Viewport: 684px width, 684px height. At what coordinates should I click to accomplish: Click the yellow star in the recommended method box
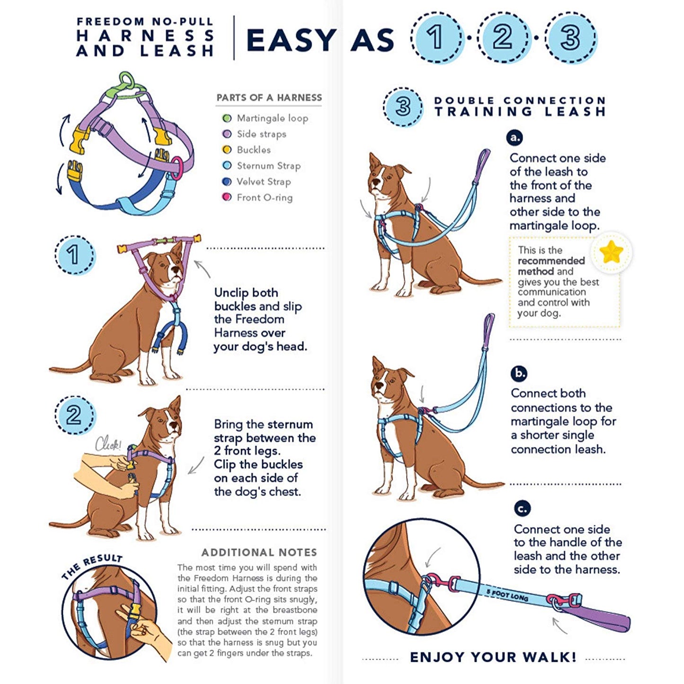point(611,252)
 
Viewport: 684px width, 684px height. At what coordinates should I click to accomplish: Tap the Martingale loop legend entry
point(266,118)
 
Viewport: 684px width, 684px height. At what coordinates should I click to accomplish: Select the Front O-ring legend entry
point(258,197)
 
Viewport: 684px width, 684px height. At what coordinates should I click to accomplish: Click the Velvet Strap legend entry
point(257,182)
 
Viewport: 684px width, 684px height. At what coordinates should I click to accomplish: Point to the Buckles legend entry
point(247,150)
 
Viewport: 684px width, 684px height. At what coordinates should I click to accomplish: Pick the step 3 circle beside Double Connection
point(403,107)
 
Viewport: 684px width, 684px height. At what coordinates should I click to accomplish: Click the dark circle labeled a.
point(515,138)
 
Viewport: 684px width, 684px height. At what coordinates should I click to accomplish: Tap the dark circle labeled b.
point(519,373)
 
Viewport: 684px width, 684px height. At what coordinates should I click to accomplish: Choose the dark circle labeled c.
point(522,509)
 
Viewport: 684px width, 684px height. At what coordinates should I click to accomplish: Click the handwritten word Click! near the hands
point(108,444)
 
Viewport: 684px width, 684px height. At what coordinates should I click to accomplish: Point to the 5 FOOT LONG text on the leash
point(507,595)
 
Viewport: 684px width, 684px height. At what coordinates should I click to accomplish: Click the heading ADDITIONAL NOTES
point(259,552)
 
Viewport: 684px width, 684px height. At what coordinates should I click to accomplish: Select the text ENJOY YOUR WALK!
point(493,657)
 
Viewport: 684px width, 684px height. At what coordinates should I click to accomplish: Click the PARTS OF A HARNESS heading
point(269,98)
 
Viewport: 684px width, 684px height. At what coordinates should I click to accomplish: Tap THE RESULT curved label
point(92,565)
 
